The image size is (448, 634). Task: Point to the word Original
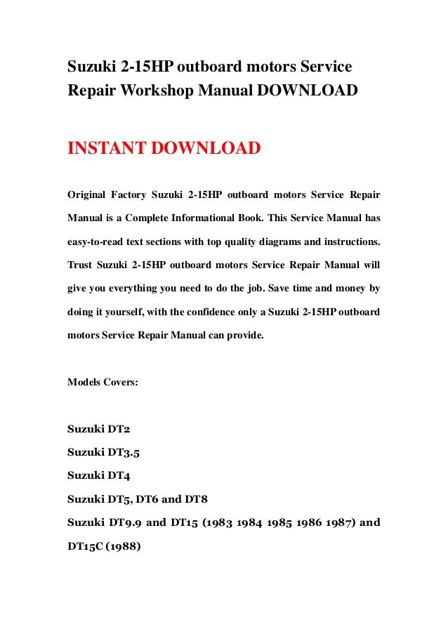coord(88,193)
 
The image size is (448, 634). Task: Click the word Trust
coord(80,265)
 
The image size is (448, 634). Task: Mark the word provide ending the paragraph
coord(245,336)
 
